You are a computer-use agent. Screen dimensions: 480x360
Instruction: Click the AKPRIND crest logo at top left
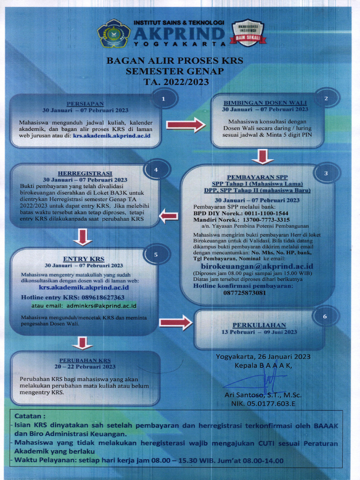(x=113, y=33)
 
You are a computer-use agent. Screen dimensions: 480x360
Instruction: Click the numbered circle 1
(x=163, y=99)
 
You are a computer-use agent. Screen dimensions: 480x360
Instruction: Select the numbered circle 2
(x=326, y=98)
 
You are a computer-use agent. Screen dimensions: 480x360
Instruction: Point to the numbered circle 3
(x=326, y=173)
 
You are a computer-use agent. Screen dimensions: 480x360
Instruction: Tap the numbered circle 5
(x=156, y=255)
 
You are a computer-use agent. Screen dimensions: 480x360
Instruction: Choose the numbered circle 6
(x=325, y=316)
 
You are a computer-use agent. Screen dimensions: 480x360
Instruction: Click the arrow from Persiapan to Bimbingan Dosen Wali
(x=186, y=125)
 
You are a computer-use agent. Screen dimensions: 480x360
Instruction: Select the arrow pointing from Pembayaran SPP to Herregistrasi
(x=169, y=216)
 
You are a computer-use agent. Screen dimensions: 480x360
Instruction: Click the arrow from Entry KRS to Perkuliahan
(x=175, y=322)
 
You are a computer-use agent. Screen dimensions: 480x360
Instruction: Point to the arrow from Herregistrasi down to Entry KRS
(x=83, y=237)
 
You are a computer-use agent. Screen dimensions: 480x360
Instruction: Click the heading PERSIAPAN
(x=85, y=103)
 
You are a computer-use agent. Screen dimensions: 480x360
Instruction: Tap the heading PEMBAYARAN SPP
(x=257, y=177)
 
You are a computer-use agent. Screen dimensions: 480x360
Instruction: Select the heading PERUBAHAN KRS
(x=85, y=360)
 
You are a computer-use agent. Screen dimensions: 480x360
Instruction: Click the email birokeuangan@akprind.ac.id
(x=257, y=266)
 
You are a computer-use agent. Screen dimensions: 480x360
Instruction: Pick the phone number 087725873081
(x=244, y=293)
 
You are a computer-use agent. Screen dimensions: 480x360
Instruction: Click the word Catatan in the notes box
(x=30, y=416)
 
